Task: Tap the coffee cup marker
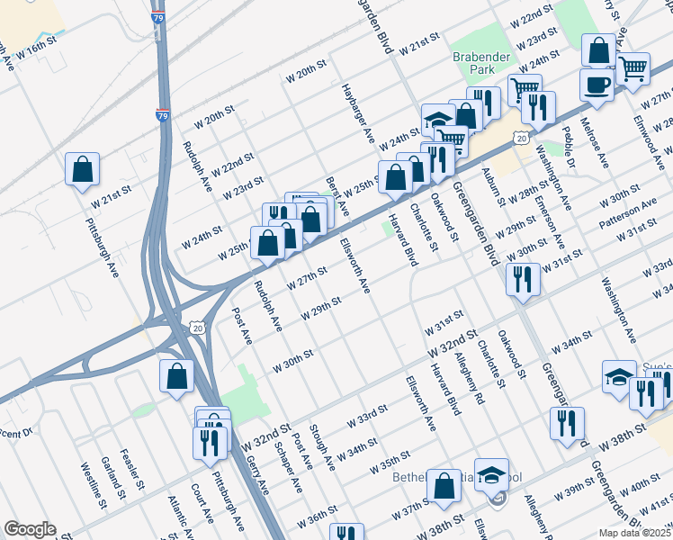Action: click(597, 86)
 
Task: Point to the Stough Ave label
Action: click(321, 446)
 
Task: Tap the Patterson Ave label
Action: click(629, 212)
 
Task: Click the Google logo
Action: click(30, 529)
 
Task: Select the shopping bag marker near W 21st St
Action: click(82, 168)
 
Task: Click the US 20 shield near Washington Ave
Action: click(520, 136)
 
